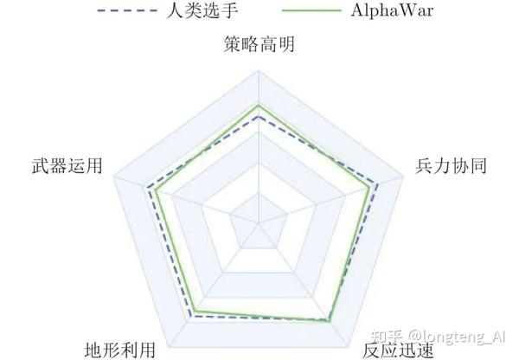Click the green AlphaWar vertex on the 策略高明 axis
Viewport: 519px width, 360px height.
coord(259,106)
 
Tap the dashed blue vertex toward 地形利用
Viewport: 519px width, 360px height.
coord(189,317)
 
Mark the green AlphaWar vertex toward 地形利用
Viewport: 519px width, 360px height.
coord(195,311)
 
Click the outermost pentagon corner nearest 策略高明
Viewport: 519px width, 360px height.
coord(259,72)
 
